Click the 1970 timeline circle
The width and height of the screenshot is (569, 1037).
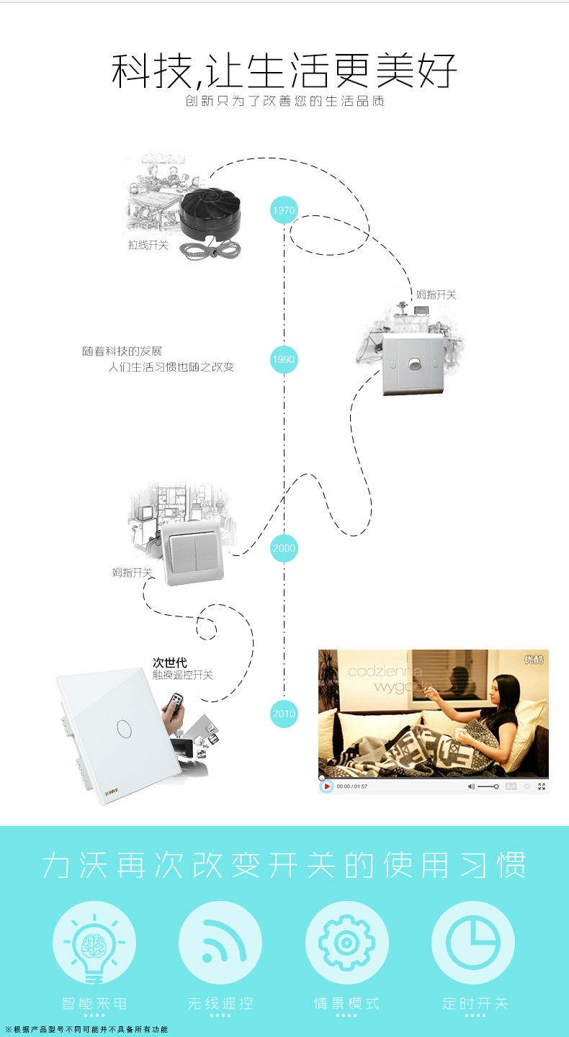click(x=284, y=210)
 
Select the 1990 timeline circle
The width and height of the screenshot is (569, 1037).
click(x=284, y=359)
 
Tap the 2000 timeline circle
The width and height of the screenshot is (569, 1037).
click(x=284, y=548)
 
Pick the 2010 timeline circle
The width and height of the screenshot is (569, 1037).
click(x=284, y=714)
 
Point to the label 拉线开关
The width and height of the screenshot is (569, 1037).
click(x=148, y=245)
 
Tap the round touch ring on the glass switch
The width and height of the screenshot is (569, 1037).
click(x=125, y=729)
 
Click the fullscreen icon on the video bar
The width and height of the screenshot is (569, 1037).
click(x=542, y=786)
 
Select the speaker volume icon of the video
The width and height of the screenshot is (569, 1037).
click(x=471, y=786)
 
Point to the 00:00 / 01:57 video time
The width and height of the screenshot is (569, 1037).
click(x=352, y=786)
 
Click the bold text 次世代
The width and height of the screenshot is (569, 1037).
click(x=169, y=663)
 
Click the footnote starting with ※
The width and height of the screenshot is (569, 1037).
click(x=86, y=1030)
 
